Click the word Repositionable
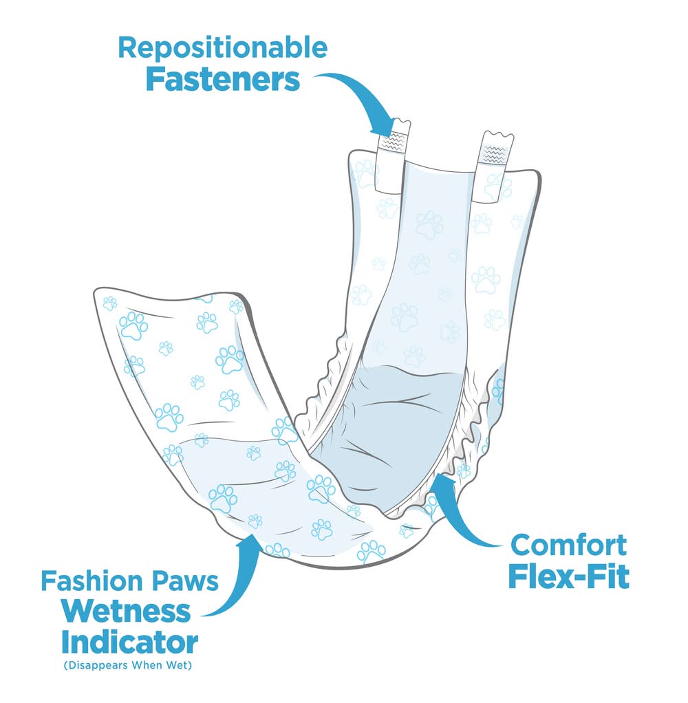click(222, 47)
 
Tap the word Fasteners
click(222, 80)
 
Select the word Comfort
click(569, 545)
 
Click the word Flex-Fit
click(569, 577)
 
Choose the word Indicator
click(129, 642)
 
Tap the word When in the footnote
click(155, 666)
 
